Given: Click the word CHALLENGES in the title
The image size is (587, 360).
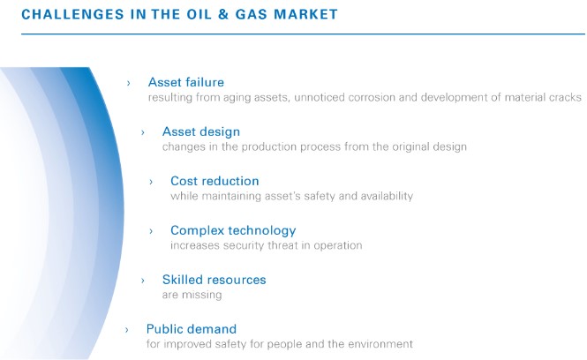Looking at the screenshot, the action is pos(72,14).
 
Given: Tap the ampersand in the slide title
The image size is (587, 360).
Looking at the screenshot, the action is pos(223,14).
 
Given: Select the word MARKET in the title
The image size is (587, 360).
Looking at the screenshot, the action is pos(305,14).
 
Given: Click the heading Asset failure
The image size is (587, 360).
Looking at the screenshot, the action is pos(186,82).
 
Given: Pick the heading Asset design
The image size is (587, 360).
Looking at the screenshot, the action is pos(201,131).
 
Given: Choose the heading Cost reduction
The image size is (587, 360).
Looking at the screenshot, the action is pos(214,181).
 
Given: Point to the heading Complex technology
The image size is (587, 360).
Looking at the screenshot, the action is pos(233,230).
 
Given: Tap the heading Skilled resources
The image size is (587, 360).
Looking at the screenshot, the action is pos(214,280).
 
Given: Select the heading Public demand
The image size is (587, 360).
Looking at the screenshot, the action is pos(192,329).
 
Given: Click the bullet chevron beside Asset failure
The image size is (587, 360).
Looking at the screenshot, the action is pos(128,83).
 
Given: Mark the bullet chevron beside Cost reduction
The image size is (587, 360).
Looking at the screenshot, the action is pos(151,182).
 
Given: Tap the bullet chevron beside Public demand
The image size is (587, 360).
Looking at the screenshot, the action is pos(127,330).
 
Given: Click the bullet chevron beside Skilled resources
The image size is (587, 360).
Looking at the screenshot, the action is pos(143,281).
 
